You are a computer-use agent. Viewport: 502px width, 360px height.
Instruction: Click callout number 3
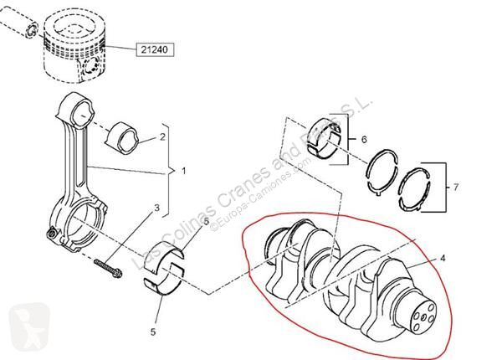[156, 208]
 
